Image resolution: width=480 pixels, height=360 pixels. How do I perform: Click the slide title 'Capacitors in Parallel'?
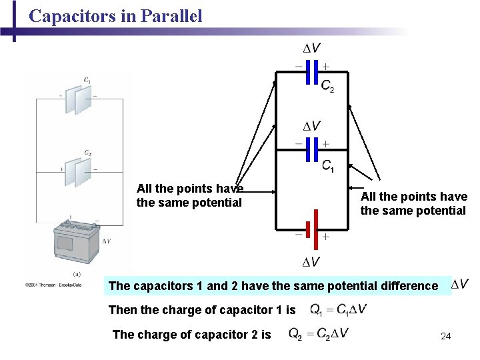pos(115,16)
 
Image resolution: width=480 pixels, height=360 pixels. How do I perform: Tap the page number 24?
pos(446,336)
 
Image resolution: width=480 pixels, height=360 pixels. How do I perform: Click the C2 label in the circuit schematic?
pos(327,85)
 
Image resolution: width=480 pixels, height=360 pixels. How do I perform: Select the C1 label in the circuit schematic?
pos(328,166)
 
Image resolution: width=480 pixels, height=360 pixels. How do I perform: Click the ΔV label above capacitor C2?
pos(311,49)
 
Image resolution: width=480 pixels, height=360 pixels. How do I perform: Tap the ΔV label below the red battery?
pos(311,262)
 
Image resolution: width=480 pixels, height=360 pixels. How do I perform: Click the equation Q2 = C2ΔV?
pos(319,333)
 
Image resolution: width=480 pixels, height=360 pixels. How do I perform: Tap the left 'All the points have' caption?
pos(190,189)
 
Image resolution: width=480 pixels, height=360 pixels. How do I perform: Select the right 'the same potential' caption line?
pos(413,211)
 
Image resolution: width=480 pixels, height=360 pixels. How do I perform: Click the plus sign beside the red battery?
pos(326,237)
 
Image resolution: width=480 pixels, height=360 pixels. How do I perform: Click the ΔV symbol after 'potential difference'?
pos(460,285)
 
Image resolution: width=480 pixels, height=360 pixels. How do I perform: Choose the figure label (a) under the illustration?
pos(77,274)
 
